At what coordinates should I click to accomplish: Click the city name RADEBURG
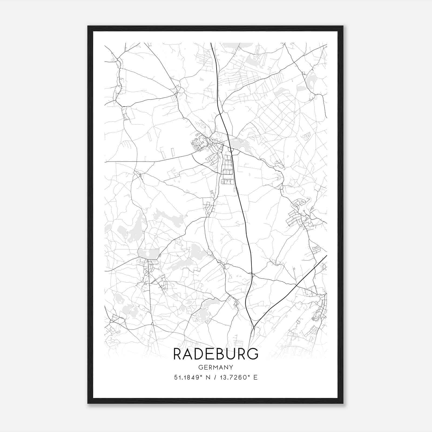216,354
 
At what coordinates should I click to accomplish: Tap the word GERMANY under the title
216,367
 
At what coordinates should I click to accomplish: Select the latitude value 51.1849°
188,377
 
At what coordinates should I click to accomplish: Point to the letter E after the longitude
255,377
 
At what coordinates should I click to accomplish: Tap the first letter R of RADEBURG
178,354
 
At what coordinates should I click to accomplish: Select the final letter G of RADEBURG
253,354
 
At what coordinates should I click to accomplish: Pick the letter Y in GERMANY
231,367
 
